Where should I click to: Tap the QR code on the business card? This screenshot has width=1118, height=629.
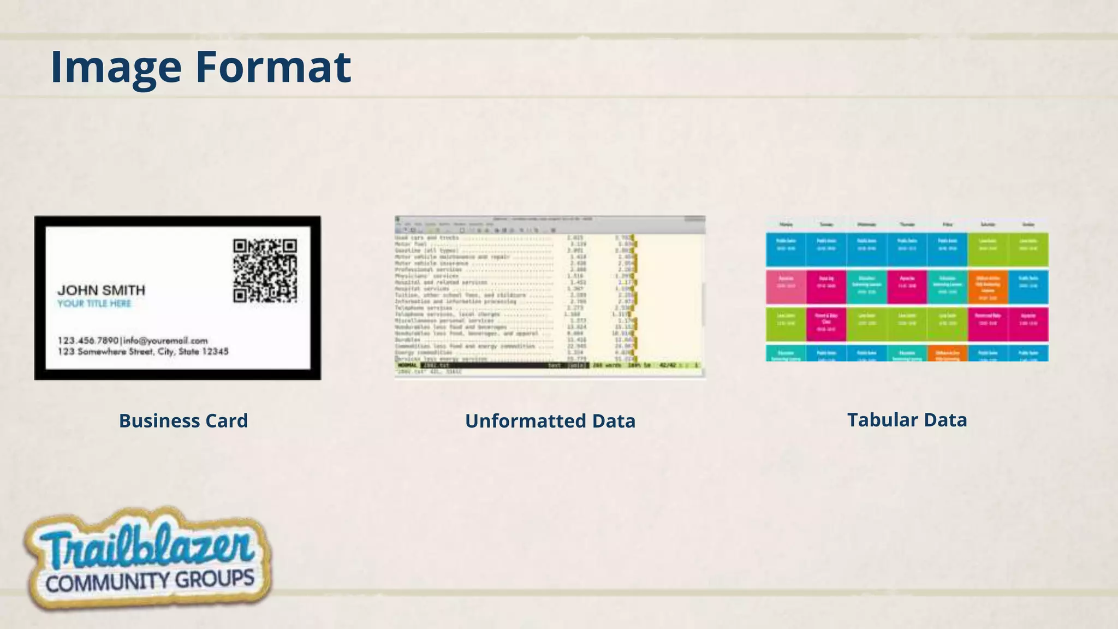pos(265,271)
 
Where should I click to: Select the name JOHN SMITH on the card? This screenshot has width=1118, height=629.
pos(102,290)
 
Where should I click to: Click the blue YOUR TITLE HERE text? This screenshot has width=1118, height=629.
pos(94,304)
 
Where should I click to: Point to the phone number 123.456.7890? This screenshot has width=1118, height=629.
pos(88,341)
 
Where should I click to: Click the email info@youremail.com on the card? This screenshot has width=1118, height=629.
pos(165,341)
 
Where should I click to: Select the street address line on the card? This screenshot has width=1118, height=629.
pos(143,352)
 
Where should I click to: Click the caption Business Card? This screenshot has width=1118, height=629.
pos(183,420)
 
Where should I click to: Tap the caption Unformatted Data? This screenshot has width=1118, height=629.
pos(550,421)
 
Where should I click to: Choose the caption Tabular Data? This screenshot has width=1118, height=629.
pos(907,420)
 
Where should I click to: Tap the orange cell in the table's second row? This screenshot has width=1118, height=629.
pos(988,287)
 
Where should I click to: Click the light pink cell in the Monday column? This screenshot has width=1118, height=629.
pos(786,287)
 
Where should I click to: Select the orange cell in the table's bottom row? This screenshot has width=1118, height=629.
pos(947,353)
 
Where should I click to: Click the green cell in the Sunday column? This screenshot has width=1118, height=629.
pos(1028,250)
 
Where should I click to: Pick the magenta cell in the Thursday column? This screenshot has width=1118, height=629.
pos(907,287)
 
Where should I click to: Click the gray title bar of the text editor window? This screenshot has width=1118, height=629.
pos(550,219)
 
